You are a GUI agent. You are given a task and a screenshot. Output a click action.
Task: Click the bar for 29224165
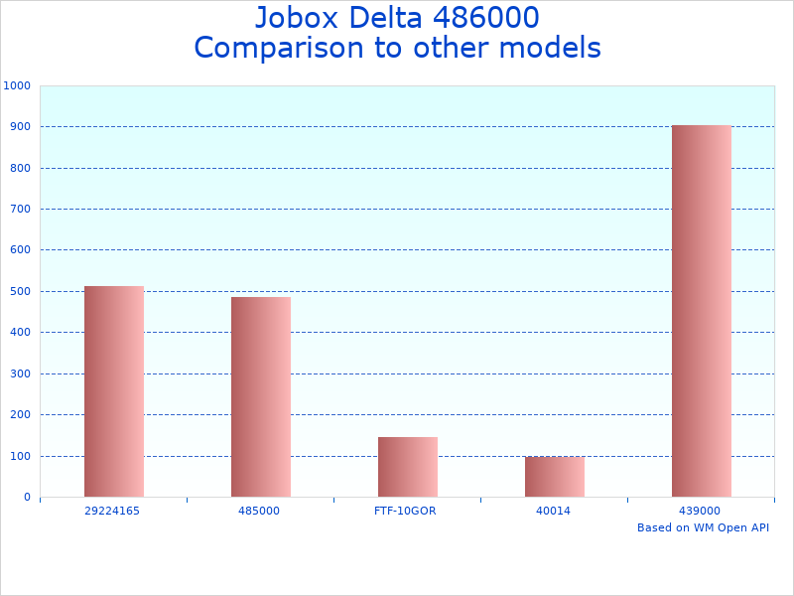point(114,391)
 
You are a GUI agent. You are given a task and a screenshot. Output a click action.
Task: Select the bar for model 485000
point(261,396)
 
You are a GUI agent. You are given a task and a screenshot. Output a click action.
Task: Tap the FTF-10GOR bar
point(408,467)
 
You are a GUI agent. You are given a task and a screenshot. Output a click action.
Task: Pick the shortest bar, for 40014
point(555,477)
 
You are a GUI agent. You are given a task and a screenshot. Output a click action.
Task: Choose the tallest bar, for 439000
point(702,310)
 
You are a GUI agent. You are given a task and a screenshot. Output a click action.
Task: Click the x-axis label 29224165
point(112,511)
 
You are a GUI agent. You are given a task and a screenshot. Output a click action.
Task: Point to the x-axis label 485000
point(259,511)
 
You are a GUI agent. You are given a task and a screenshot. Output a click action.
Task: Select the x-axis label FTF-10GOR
point(406,511)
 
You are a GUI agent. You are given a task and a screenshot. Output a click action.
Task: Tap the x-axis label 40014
point(553,511)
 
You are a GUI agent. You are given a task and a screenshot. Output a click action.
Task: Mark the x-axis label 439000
point(700,511)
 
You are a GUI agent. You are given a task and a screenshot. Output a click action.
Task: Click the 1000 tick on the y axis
point(18,85)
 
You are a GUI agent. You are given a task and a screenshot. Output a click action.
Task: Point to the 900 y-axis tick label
point(21,127)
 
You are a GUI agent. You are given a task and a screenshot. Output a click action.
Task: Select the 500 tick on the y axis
point(21,292)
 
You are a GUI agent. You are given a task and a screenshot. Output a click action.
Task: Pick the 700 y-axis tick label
point(21,210)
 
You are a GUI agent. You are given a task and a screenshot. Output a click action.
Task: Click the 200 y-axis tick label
point(21,415)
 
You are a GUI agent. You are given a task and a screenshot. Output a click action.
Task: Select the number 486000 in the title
point(482,19)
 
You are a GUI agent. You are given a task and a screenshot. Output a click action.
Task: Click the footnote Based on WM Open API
point(703,527)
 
